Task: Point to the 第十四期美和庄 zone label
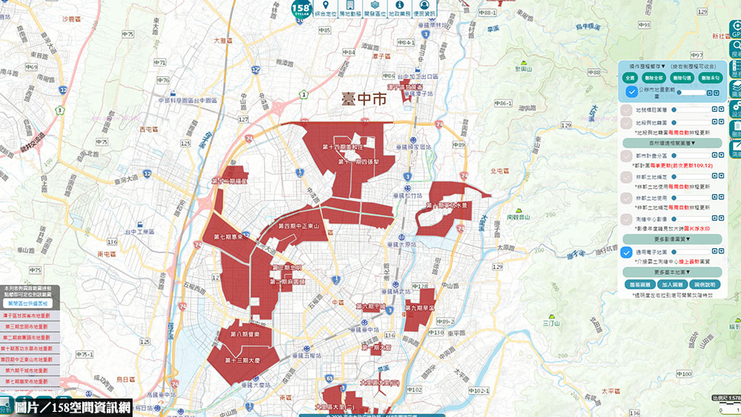click(347, 147)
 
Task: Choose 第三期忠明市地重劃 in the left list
click(27, 326)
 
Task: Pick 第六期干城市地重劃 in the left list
click(27, 370)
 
